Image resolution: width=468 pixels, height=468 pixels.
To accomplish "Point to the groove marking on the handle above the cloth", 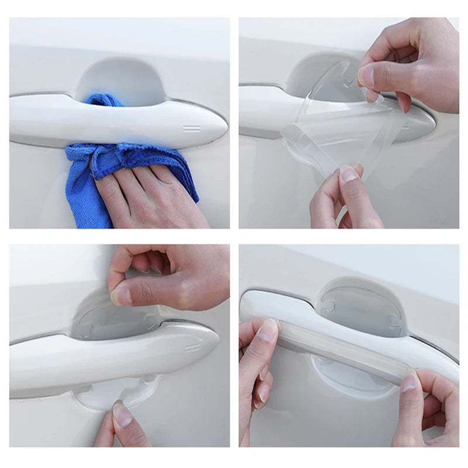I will [192, 128].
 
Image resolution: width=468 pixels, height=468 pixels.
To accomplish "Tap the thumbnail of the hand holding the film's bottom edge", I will [349, 174].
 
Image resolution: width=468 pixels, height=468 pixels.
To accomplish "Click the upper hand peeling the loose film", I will [409, 64].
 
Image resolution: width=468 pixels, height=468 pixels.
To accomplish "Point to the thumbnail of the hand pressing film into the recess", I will [122, 295].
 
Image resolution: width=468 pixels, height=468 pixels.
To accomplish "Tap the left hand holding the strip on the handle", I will [257, 374].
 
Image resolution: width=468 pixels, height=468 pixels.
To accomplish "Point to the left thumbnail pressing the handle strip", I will [268, 331].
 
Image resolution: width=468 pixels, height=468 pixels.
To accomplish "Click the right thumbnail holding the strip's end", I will [409, 381].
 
